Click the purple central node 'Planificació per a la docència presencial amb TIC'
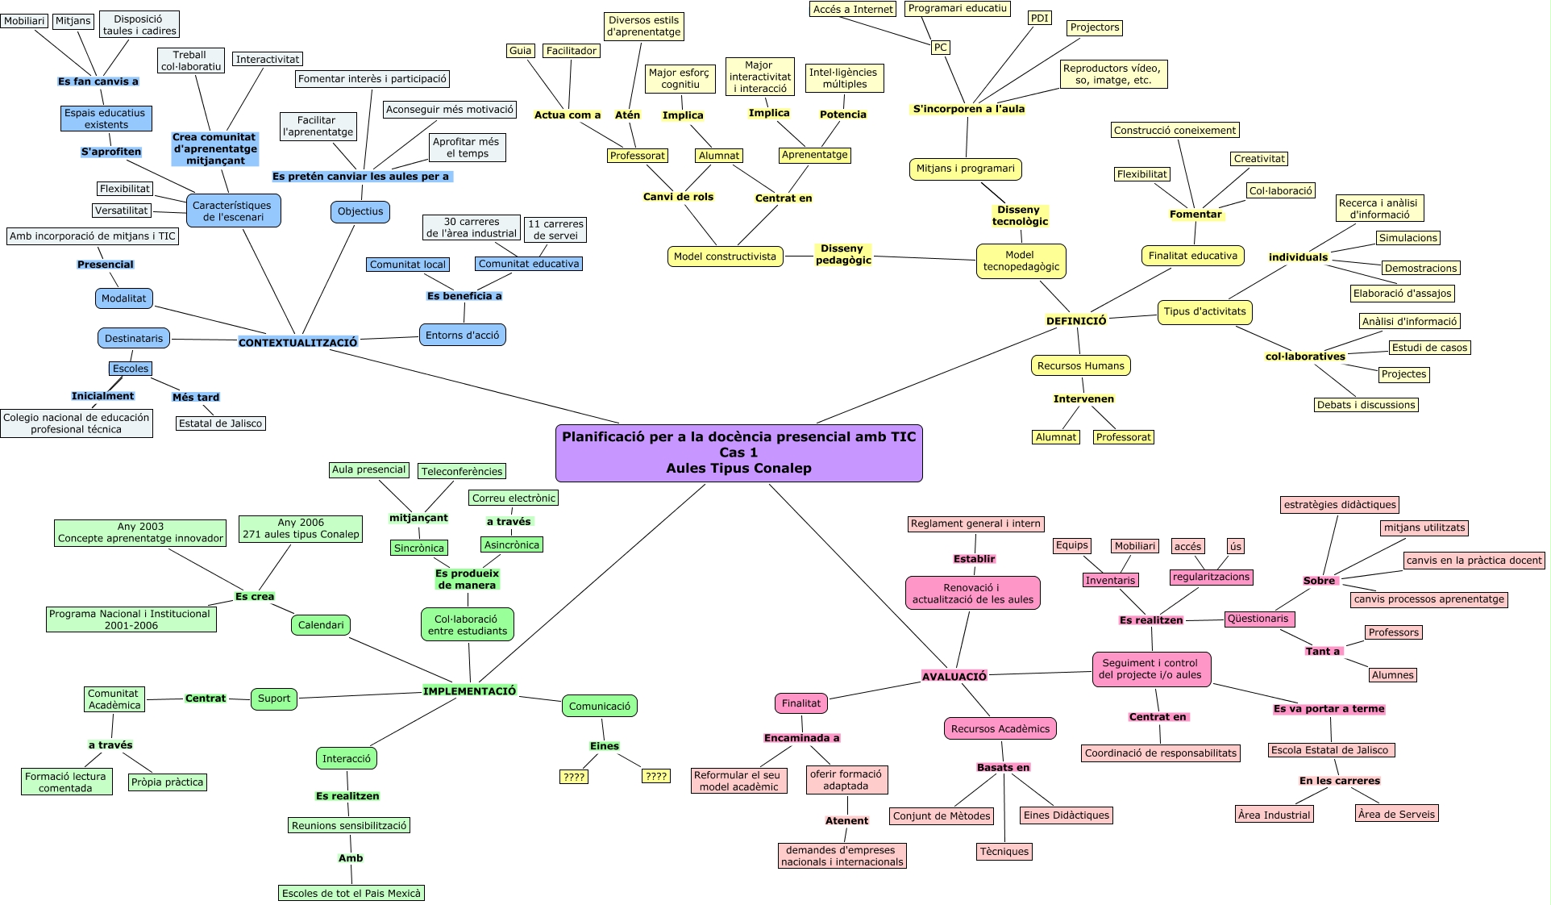tap(738, 452)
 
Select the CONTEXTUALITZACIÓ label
tap(297, 343)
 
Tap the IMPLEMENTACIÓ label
tap(469, 691)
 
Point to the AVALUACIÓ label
tap(954, 677)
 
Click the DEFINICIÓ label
tap(1076, 320)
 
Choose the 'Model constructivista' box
tap(725, 256)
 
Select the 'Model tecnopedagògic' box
tap(1021, 261)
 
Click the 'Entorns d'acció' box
tap(462, 335)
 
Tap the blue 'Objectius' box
tap(360, 211)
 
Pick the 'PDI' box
tap(1039, 18)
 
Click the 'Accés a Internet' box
tap(853, 9)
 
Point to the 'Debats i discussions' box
tap(1366, 405)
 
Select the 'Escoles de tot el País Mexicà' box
tap(351, 893)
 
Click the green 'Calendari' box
tap(321, 625)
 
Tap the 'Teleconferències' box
tap(462, 471)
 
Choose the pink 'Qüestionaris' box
tap(1258, 619)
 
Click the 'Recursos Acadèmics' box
tap(1000, 728)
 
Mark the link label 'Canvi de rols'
tap(678, 197)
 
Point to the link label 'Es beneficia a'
tap(464, 296)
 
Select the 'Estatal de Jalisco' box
tap(220, 423)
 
